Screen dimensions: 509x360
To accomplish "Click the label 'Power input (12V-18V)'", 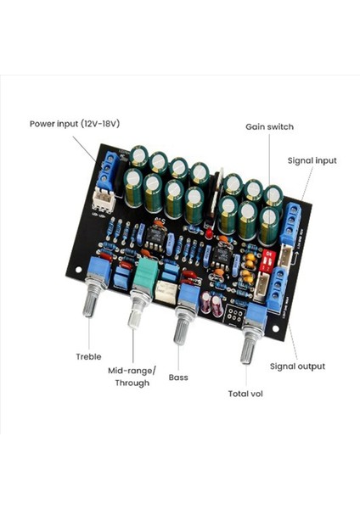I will pyautogui.click(x=75, y=123).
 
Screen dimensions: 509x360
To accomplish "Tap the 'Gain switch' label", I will pyautogui.click(x=269, y=126).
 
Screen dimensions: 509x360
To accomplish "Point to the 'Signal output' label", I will pyautogui.click(x=297, y=366).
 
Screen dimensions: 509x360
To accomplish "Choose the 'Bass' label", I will pyautogui.click(x=178, y=377).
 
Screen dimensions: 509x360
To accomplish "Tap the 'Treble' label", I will pyautogui.click(x=88, y=356).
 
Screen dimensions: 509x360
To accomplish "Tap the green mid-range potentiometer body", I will pyautogui.click(x=145, y=272).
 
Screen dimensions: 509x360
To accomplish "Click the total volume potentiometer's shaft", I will pyautogui.click(x=247, y=345).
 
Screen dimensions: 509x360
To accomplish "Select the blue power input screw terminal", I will pyautogui.click(x=108, y=172).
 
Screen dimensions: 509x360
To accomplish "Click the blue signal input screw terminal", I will pyautogui.click(x=290, y=223).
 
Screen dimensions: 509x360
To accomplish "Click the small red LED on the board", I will pyautogui.click(x=207, y=232).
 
